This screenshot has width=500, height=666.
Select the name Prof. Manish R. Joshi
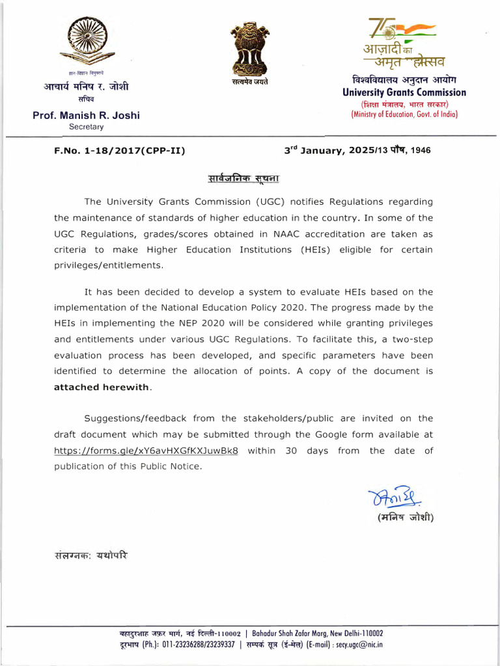(x=87, y=116)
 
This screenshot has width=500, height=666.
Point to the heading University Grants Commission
(x=404, y=92)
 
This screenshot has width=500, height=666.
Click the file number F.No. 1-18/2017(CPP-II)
(x=120, y=151)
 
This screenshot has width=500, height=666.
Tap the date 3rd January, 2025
(x=325, y=150)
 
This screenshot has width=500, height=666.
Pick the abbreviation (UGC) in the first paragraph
(x=242, y=202)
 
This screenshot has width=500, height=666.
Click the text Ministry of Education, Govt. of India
(x=404, y=114)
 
